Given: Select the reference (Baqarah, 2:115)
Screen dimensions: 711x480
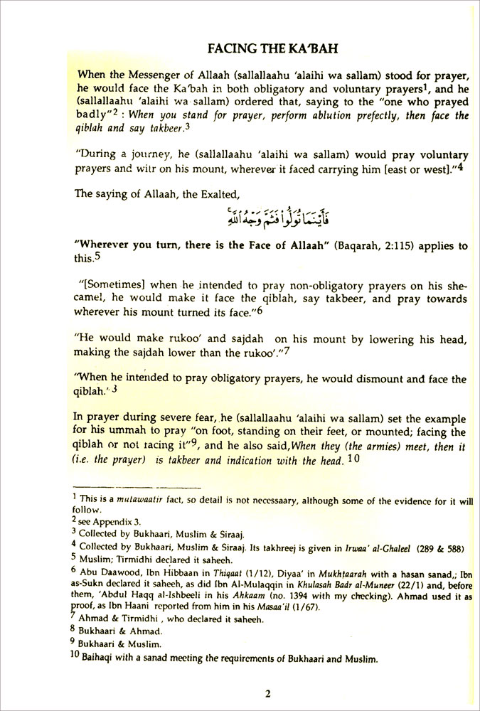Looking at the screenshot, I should (x=380, y=245).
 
